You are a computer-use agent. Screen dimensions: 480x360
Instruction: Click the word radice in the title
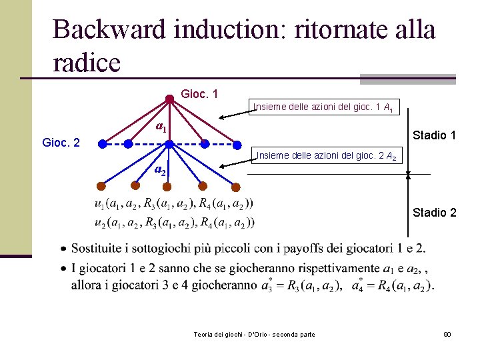click(x=87, y=63)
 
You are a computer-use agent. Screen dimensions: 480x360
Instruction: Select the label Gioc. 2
click(x=61, y=143)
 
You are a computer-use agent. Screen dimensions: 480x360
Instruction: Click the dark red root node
click(x=169, y=99)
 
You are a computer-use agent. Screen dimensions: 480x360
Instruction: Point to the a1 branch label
click(x=161, y=127)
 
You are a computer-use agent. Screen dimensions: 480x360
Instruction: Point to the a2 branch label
click(x=160, y=170)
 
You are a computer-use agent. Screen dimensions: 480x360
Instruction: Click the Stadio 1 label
click(x=434, y=135)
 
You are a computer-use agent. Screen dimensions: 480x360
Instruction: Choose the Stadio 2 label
click(x=434, y=213)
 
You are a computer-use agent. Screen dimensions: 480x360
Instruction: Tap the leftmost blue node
click(x=101, y=143)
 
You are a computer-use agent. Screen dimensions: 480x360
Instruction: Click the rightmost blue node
click(x=237, y=143)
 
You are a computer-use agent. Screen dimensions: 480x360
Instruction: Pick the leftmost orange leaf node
click(x=101, y=186)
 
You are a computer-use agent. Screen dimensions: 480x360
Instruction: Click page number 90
click(x=447, y=333)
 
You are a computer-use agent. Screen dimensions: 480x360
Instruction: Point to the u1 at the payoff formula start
click(x=100, y=204)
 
